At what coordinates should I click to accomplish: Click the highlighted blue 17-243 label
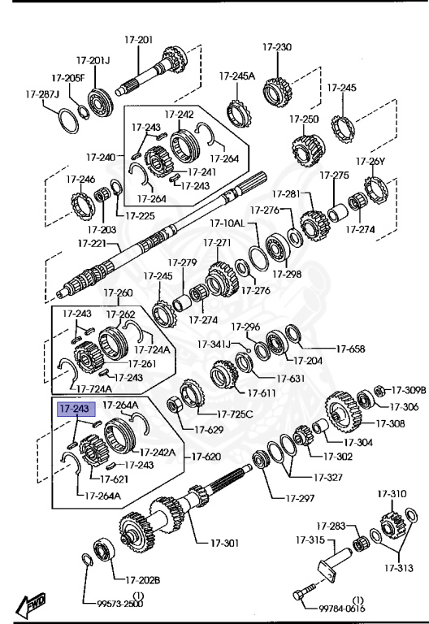72,409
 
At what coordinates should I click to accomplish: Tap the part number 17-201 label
139,40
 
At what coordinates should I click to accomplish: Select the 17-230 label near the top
277,47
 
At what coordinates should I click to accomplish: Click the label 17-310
392,494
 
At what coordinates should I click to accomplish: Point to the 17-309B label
409,391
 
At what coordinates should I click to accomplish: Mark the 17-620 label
206,458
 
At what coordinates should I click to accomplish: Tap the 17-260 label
118,292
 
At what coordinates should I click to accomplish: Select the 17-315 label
310,539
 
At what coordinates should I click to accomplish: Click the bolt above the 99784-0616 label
305,591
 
